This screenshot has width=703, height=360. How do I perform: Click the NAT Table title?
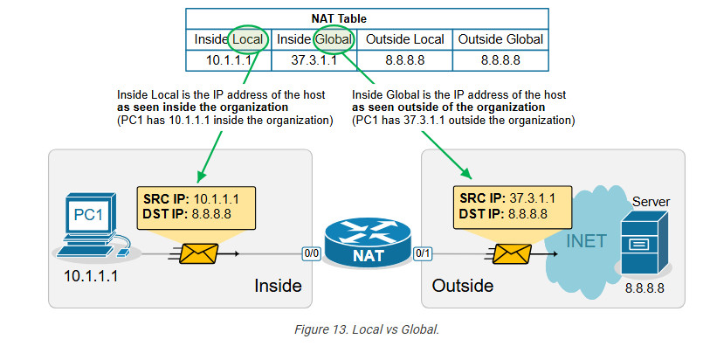[x=368, y=17]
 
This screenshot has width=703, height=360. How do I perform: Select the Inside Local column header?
[x=229, y=38]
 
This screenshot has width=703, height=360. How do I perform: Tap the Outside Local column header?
[x=405, y=38]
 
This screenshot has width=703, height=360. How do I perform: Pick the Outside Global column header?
[x=500, y=38]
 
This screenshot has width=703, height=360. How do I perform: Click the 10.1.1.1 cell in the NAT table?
[x=229, y=60]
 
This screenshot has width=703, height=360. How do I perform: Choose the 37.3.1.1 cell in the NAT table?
[x=314, y=60]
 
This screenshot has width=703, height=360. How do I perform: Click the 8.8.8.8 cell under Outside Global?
[x=500, y=60]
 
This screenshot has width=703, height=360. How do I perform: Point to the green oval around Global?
[x=333, y=38]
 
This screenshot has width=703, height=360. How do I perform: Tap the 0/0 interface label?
[x=312, y=254]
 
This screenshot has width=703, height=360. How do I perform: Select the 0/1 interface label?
[x=423, y=254]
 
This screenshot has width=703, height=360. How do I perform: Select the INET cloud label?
[x=588, y=240]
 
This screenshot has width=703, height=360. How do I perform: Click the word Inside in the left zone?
[x=278, y=285]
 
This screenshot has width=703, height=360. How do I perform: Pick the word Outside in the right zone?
[x=463, y=285]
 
